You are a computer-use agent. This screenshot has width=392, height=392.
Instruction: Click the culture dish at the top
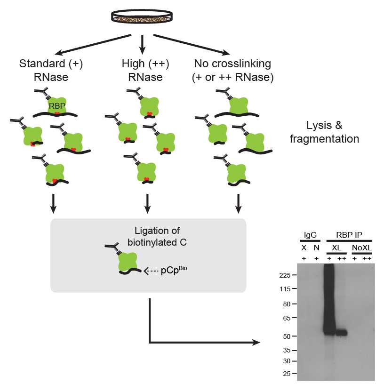coord(142,17)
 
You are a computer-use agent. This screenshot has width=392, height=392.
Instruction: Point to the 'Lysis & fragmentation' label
coord(332,132)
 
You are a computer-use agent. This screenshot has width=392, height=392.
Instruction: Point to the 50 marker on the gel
coord(287,336)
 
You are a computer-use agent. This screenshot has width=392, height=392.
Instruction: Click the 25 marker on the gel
coord(287,374)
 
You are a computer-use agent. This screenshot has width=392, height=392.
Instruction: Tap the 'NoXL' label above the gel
coord(361,247)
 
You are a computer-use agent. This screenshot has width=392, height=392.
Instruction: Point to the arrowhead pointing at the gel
coord(256,342)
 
